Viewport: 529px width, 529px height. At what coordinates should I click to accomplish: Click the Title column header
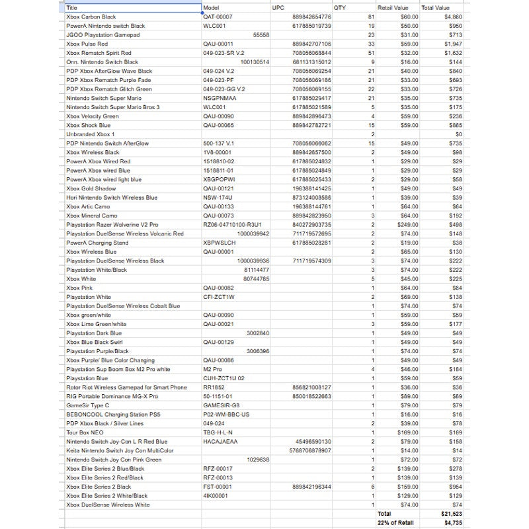point(72,8)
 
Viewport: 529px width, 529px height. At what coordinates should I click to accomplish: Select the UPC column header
point(278,8)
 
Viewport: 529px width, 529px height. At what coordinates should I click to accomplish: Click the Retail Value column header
point(393,8)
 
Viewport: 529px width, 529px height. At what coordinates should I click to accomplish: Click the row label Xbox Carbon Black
point(91,17)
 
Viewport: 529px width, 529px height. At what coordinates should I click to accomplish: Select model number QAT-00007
point(218,17)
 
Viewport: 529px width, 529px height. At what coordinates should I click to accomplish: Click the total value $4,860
point(453,17)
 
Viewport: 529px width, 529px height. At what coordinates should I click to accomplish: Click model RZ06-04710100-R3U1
point(232,224)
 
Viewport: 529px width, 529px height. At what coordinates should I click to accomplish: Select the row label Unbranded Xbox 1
point(91,134)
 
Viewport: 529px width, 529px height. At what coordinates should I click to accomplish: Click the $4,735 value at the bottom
point(453,522)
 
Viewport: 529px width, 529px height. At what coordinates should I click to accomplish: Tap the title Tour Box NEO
point(85,432)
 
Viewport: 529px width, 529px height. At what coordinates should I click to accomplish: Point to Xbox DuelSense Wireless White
point(108,505)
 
